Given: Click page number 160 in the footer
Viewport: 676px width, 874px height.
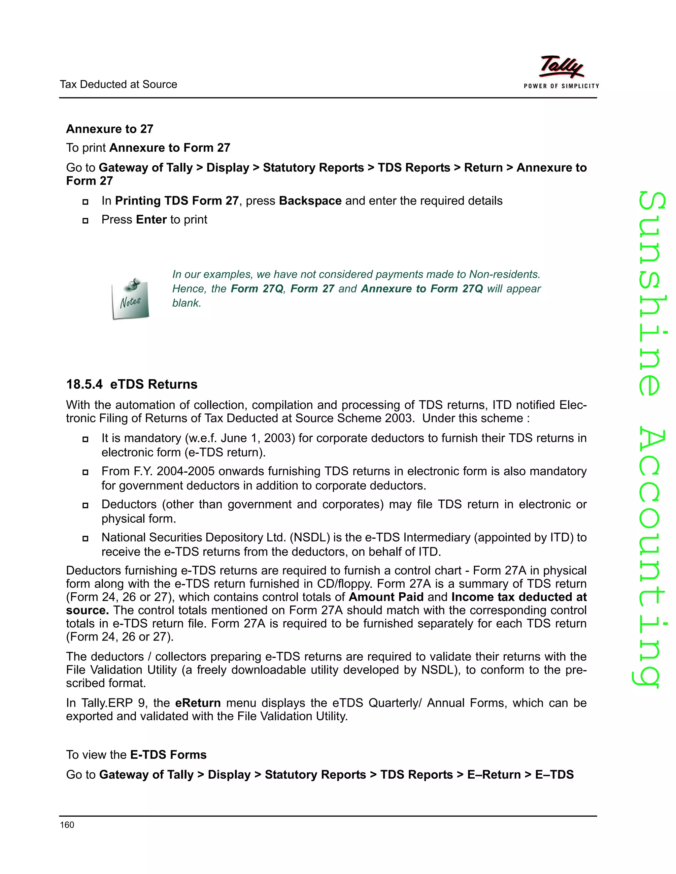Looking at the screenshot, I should click(x=67, y=825).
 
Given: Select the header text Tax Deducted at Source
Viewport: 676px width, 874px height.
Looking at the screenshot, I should click(x=118, y=84).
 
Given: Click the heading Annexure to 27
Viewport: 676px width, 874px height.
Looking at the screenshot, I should click(x=110, y=129).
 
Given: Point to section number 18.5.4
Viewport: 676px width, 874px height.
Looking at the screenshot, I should click(x=84, y=384).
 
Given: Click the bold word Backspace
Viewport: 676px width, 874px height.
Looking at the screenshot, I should click(x=310, y=201).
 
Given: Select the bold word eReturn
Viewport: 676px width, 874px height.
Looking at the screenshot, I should click(x=198, y=703).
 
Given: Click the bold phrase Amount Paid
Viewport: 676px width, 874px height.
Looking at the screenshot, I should click(x=386, y=597).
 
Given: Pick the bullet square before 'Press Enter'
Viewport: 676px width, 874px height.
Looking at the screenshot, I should click(x=85, y=221).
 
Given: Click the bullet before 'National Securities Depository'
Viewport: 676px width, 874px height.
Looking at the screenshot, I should click(x=85, y=538).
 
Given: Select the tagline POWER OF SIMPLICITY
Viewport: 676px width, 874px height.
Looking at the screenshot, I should click(x=561, y=86).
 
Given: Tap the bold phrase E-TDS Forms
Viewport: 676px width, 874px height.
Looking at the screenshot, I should click(x=168, y=754).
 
